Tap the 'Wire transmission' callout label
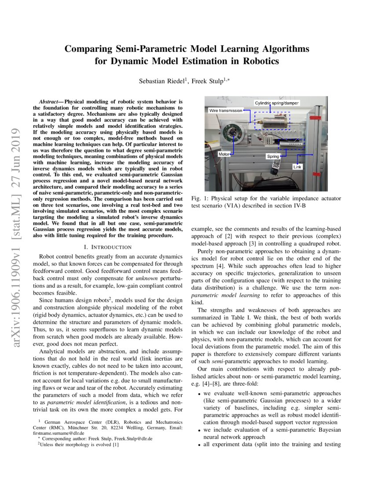226,111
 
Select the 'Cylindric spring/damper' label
277,103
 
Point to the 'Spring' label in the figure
273,156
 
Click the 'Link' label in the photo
298,167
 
